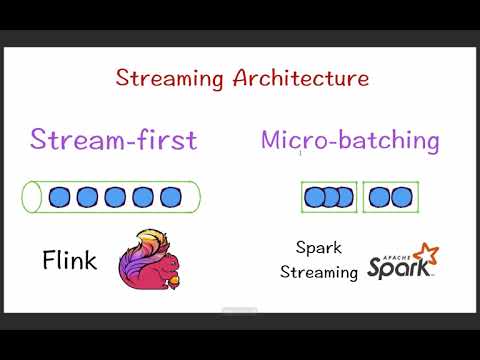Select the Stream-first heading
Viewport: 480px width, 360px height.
point(113,139)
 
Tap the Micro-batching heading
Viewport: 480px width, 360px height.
point(350,140)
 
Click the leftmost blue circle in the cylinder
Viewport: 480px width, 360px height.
point(59,197)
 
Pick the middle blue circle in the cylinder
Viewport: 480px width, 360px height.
point(114,197)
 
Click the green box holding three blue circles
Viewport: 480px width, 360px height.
point(329,197)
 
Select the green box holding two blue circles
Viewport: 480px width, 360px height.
point(390,197)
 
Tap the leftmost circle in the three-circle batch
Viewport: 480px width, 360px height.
point(315,197)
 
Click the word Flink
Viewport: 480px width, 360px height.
point(70,262)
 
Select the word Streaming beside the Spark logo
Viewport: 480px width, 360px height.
point(318,272)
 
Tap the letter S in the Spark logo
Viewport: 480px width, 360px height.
point(377,268)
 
